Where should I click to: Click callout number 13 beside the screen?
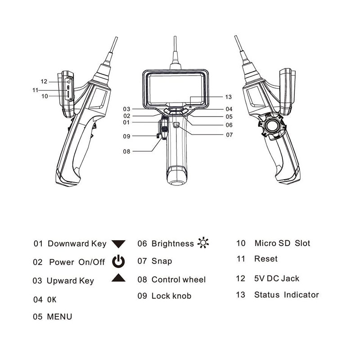(x=229, y=97)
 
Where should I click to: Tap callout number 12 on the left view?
(x=44, y=81)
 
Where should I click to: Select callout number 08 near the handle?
(x=126, y=152)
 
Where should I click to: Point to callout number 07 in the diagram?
(x=229, y=135)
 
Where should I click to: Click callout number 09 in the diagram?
(x=126, y=136)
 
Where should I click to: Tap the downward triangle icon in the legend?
(x=118, y=244)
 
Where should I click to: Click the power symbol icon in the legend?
(x=118, y=261)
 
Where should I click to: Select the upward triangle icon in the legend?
(x=118, y=278)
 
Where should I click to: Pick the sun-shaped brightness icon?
(x=203, y=243)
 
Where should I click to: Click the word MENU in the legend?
(x=59, y=317)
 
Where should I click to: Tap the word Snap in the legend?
(x=162, y=261)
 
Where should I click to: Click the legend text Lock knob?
(x=171, y=296)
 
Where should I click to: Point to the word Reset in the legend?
(x=266, y=259)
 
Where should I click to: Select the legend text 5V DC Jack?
(x=277, y=279)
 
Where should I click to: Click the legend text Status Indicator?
(x=286, y=295)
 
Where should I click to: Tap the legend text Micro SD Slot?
(x=282, y=243)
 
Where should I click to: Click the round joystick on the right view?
(x=271, y=126)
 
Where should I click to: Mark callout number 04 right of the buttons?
(x=229, y=109)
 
